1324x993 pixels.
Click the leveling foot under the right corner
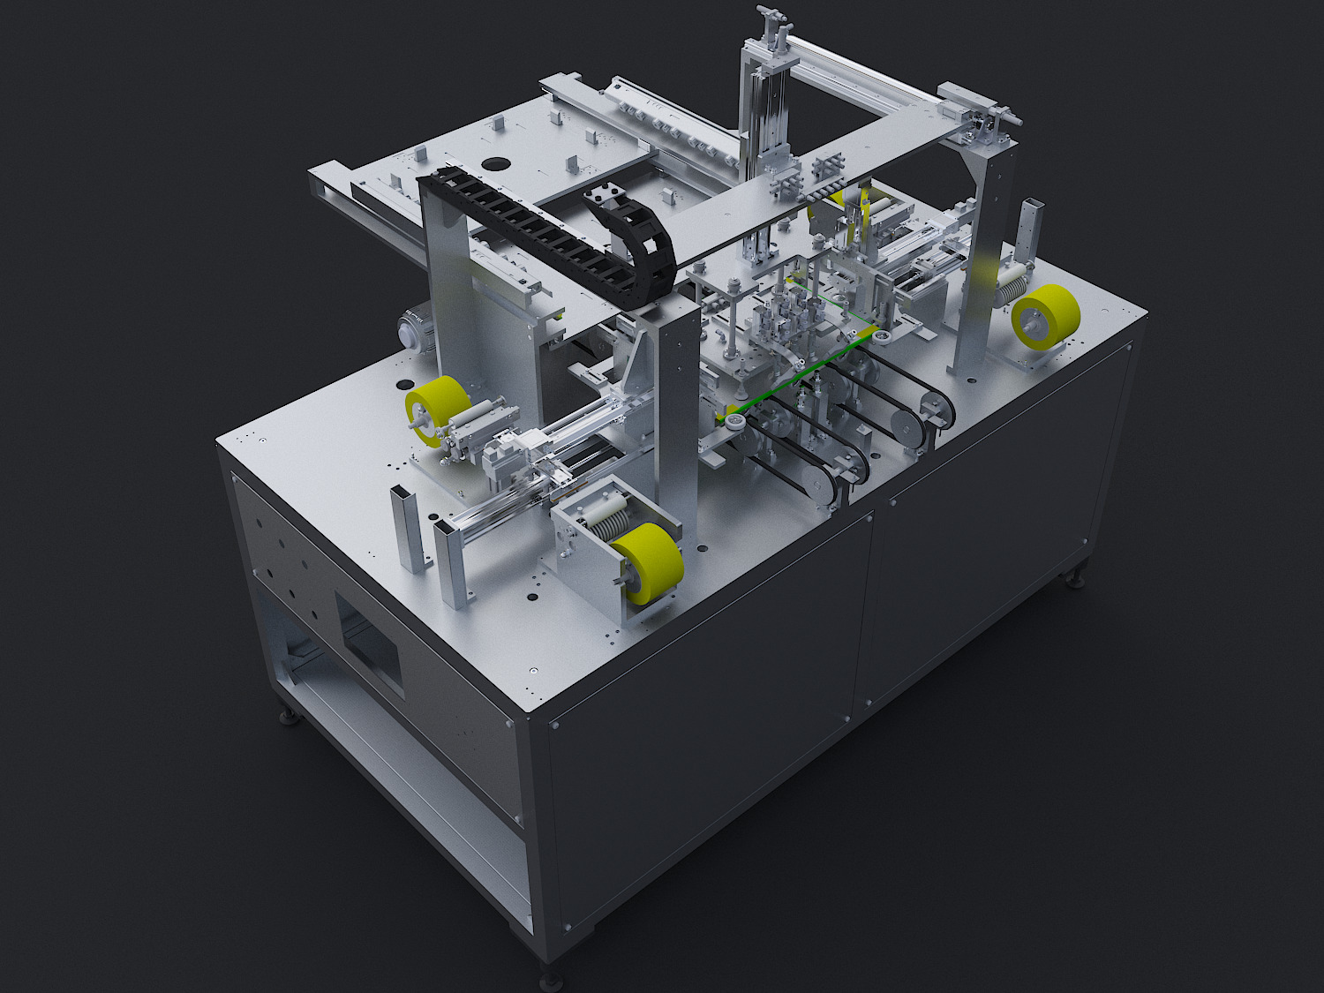coord(1075,580)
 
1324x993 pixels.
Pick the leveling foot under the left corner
coord(288,717)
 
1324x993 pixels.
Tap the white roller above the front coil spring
coord(603,507)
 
